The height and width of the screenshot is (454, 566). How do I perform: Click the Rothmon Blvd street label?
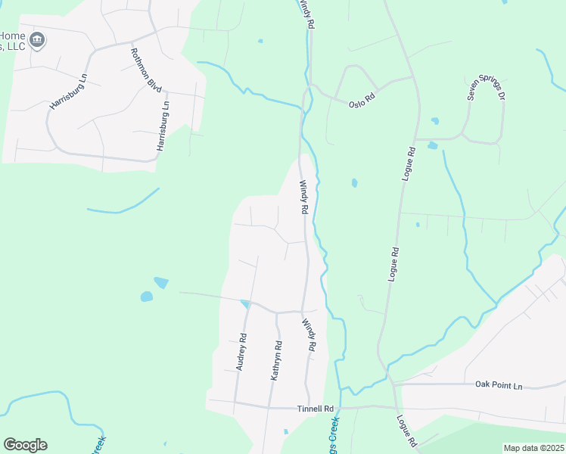[x=146, y=70]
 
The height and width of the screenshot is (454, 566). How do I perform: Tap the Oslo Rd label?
[x=362, y=100]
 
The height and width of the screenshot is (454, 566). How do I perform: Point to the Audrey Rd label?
[x=241, y=352]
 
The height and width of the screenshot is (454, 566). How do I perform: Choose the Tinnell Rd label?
[x=315, y=409]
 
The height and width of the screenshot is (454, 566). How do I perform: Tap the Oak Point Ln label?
[x=499, y=386]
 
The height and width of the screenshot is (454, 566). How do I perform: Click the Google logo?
[x=25, y=445]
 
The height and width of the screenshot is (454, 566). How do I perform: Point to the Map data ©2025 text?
[x=533, y=448]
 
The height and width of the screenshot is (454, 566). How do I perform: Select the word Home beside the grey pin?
[x=12, y=36]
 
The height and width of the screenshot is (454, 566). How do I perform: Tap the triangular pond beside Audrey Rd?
[x=244, y=304]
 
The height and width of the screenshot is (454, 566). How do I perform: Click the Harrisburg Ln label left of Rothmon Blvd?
[x=69, y=92]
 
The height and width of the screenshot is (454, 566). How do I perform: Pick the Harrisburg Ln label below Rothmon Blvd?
[x=162, y=126]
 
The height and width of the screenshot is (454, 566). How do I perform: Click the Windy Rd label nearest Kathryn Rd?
[x=308, y=334]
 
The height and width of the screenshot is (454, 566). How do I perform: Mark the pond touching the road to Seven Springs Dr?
[x=432, y=145]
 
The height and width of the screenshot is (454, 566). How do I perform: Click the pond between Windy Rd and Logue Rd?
[x=354, y=182]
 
